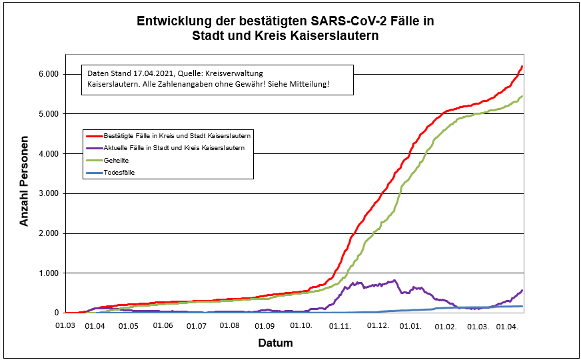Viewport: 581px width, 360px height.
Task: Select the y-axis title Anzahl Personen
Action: (x=25, y=181)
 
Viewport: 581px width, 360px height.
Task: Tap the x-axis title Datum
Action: (x=275, y=343)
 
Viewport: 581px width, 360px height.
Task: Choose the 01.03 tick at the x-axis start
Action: (x=65, y=325)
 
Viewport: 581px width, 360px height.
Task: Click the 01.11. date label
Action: (x=340, y=325)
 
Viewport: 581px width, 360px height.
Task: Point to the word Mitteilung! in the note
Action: (x=308, y=85)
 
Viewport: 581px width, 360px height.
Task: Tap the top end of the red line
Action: (x=522, y=66)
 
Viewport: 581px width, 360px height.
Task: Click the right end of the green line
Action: (x=522, y=97)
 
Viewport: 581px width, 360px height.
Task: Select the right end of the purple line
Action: (x=522, y=290)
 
